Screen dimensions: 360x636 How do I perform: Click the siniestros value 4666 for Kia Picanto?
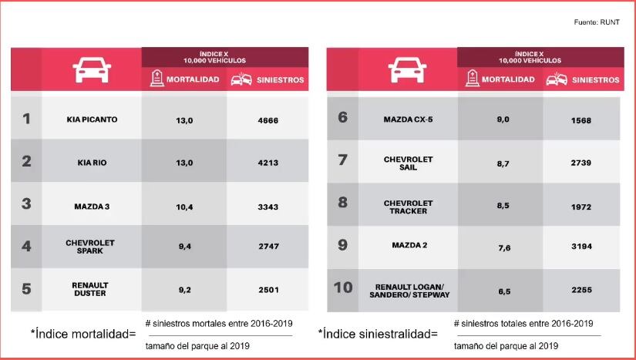268,119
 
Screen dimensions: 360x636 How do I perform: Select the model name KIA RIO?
91,162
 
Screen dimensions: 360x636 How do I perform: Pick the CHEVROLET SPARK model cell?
90,247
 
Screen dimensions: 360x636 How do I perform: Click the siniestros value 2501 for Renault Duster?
268,289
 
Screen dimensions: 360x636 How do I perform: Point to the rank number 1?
26,119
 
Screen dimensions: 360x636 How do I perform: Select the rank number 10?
343,288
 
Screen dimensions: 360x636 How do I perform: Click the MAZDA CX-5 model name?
408,119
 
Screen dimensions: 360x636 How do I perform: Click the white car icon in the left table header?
91,70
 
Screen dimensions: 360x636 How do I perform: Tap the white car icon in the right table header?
407,70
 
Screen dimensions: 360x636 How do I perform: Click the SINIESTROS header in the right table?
591,79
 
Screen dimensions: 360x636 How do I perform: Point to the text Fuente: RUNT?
597,23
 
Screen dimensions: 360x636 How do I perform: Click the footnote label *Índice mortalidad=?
83,334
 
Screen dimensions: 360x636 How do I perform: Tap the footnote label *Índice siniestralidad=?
378,334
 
